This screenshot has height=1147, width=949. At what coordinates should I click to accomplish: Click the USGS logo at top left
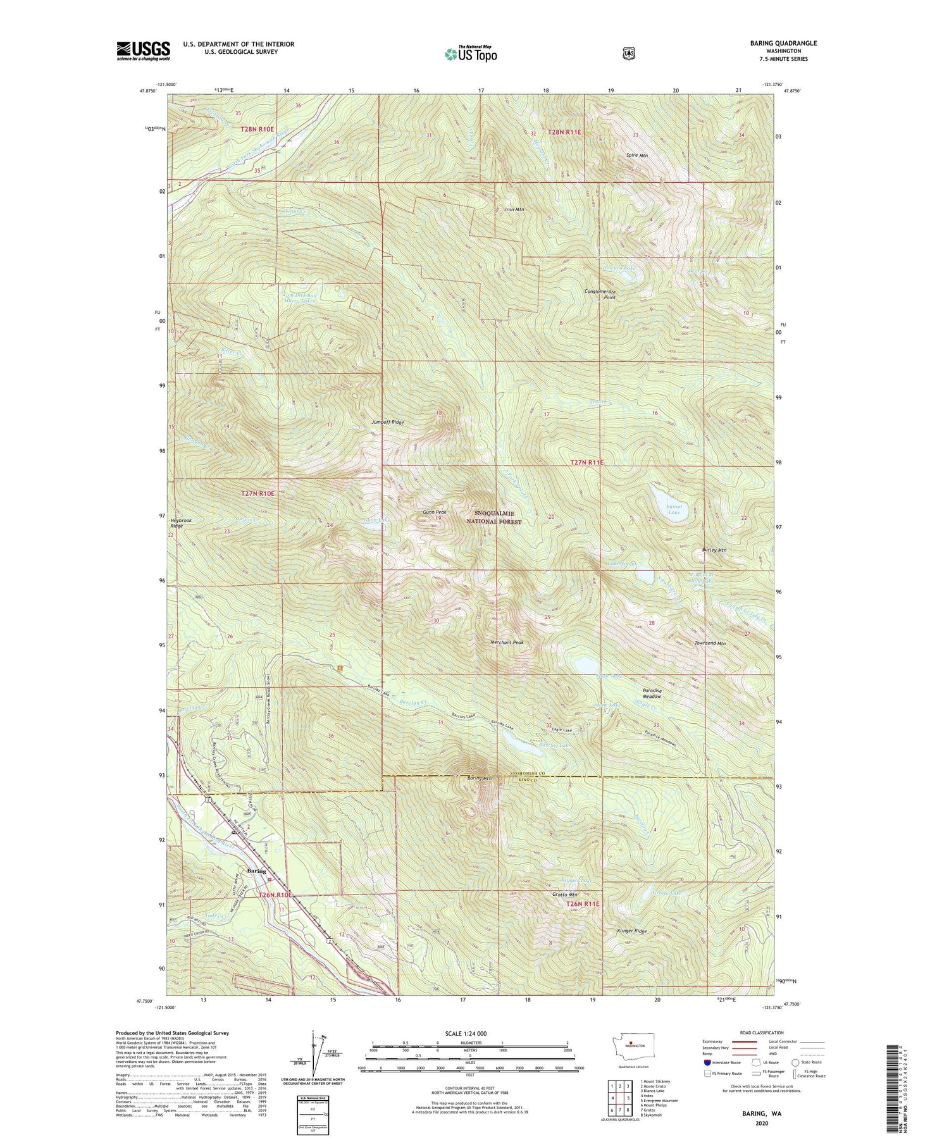(143, 51)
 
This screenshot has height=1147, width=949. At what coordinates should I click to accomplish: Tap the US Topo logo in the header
(471, 54)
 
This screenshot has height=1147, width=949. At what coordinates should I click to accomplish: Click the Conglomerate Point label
(600, 295)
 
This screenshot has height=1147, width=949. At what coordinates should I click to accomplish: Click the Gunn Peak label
(435, 512)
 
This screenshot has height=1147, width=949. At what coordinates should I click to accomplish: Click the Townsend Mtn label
(709, 643)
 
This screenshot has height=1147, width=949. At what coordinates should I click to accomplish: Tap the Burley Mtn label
(714, 550)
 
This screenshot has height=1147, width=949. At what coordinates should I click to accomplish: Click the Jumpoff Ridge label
(388, 422)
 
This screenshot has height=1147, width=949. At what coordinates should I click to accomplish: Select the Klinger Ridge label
(631, 932)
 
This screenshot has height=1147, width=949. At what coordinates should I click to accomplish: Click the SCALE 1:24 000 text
(470, 1034)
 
